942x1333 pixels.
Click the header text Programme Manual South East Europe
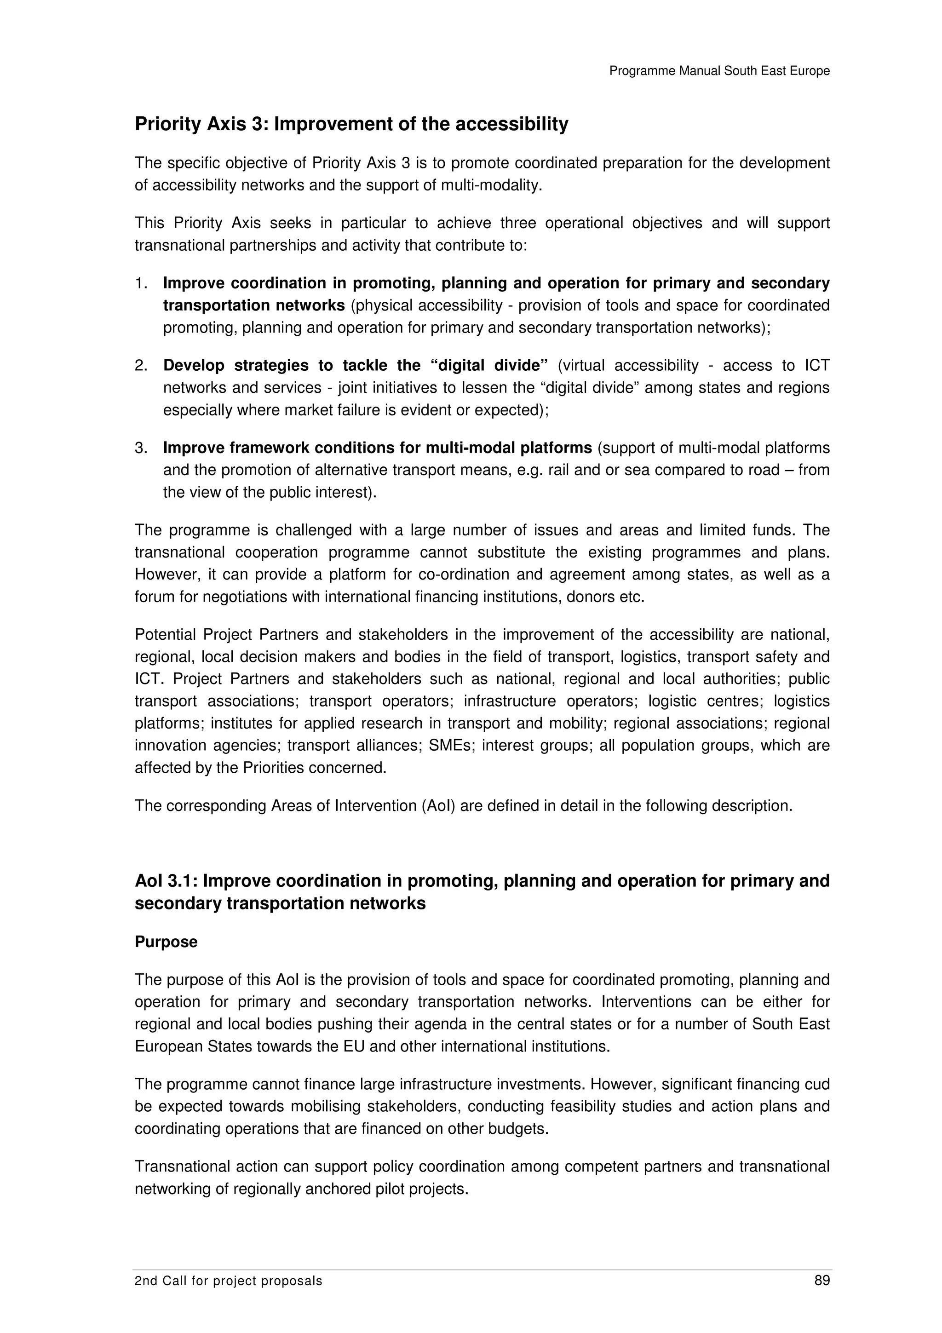coord(719,71)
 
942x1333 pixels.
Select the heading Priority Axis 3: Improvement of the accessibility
coord(351,124)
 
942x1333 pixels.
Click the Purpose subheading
coord(166,942)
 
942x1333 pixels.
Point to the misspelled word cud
coord(817,1084)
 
